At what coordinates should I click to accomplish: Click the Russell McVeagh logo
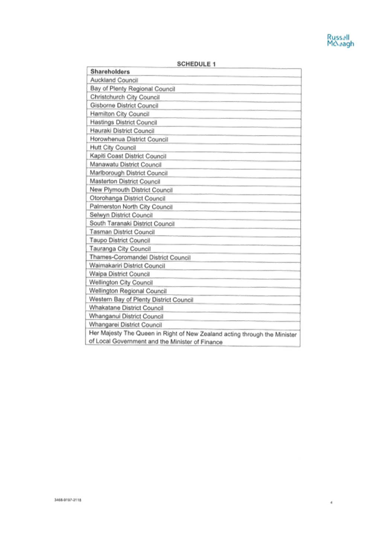click(340, 40)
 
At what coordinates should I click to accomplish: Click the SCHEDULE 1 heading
click(196, 64)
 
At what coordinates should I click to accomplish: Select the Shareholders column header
click(110, 72)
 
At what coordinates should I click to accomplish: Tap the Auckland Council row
click(114, 80)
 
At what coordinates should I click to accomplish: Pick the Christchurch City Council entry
click(125, 97)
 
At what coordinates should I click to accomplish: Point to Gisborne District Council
click(124, 105)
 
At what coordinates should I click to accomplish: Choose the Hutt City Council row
click(113, 147)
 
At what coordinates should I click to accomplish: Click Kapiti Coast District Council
click(128, 156)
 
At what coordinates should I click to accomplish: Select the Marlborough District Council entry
click(129, 173)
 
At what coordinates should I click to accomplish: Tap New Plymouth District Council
click(131, 190)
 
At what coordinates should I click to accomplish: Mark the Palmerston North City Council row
click(131, 206)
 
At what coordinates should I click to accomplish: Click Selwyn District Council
click(121, 215)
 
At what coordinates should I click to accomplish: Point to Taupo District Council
click(120, 240)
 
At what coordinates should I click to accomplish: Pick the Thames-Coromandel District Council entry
click(140, 257)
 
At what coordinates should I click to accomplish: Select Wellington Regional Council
click(128, 291)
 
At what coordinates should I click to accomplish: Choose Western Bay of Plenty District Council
click(141, 299)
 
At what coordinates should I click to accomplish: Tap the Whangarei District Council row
click(125, 325)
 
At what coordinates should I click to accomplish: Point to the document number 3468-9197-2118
click(68, 500)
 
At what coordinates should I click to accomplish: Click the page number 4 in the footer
click(331, 502)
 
